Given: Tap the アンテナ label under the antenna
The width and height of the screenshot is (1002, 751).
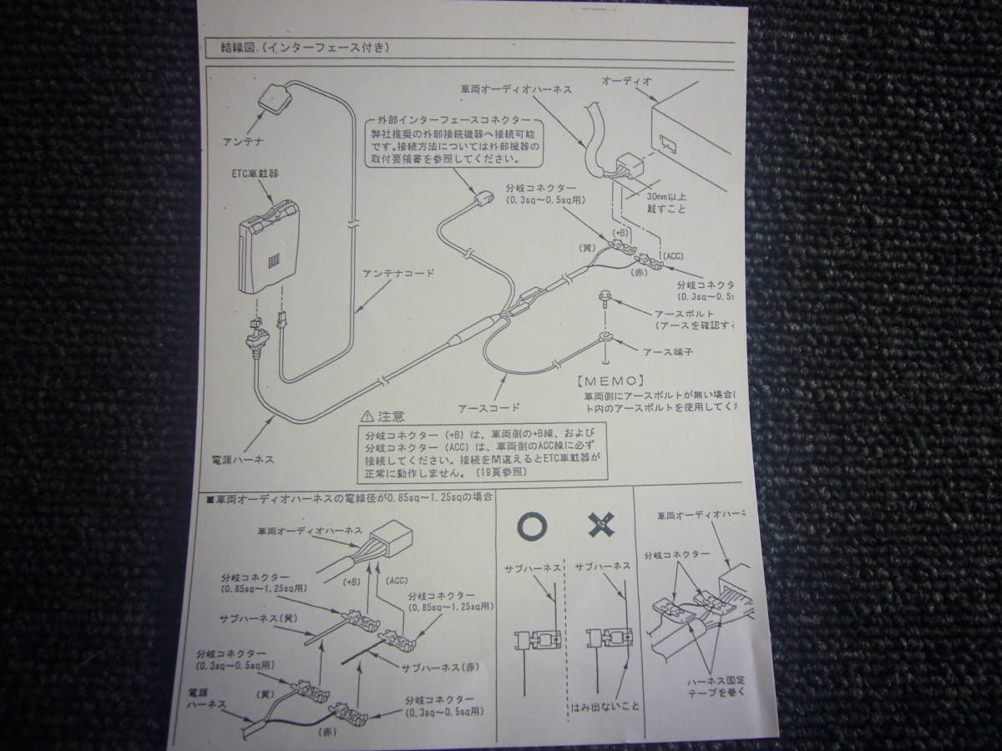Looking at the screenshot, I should point(242,141).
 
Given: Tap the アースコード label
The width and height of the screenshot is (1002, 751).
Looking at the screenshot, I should point(489,408).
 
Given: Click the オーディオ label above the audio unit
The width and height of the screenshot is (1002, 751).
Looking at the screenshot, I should point(626,80).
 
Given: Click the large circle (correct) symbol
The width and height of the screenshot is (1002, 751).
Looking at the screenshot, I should point(531,525).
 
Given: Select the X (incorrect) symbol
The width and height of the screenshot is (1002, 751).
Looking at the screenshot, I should point(600,524).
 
